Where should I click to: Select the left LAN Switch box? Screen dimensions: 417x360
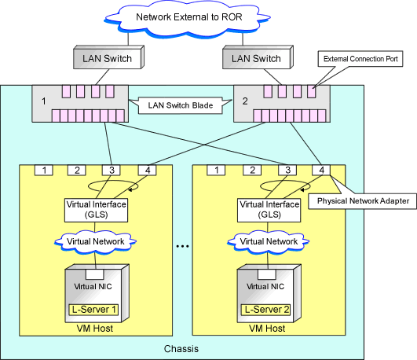pyautogui.click(x=109, y=57)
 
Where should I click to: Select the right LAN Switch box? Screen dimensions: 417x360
pyautogui.click(x=258, y=57)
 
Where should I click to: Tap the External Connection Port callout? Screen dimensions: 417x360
pyautogui.click(x=360, y=59)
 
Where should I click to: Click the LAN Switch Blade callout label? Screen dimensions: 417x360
pyautogui.click(x=181, y=105)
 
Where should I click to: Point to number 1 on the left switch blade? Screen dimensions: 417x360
pyautogui.click(x=44, y=101)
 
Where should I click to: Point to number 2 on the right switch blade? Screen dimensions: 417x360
pyautogui.click(x=245, y=101)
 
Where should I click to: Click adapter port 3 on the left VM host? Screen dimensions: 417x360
pyautogui.click(x=112, y=170)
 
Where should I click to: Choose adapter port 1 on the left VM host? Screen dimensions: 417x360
pyautogui.click(x=44, y=170)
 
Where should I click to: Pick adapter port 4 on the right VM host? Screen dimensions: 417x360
pyautogui.click(x=321, y=170)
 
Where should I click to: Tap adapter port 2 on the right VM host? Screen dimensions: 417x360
pyautogui.click(x=252, y=170)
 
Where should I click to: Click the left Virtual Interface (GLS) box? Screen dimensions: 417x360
pyautogui.click(x=96, y=210)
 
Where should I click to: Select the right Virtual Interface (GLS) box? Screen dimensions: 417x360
pyautogui.click(x=269, y=210)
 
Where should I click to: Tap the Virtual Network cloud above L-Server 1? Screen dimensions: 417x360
pyautogui.click(x=95, y=241)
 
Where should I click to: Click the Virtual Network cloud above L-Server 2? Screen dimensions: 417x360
pyautogui.click(x=269, y=241)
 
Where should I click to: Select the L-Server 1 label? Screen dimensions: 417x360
pyautogui.click(x=93, y=310)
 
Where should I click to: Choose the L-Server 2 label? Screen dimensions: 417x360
pyautogui.click(x=266, y=310)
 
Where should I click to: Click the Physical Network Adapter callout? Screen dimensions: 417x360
pyautogui.click(x=363, y=201)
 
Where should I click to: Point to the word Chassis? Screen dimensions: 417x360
pyautogui.click(x=181, y=349)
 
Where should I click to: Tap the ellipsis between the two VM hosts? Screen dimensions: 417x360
pyautogui.click(x=182, y=246)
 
